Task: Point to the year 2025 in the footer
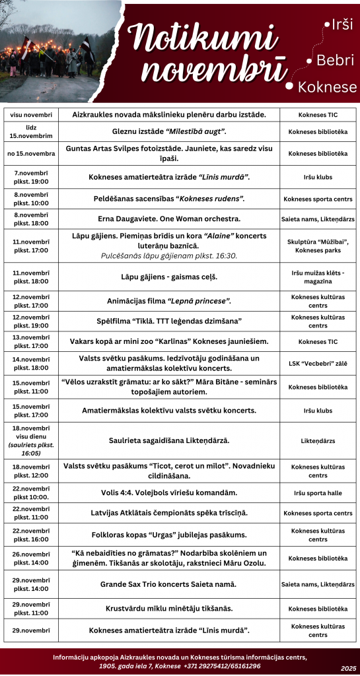coord(348,668)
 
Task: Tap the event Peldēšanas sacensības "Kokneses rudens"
coord(169,198)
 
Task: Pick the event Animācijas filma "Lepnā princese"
coord(169,301)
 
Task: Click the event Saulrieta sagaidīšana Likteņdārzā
coord(169,440)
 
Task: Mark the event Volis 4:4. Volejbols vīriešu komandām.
coord(169,492)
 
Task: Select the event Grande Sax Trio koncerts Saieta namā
coord(169,584)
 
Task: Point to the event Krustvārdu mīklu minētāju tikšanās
coord(169,608)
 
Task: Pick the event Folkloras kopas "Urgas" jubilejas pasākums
coord(169,535)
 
